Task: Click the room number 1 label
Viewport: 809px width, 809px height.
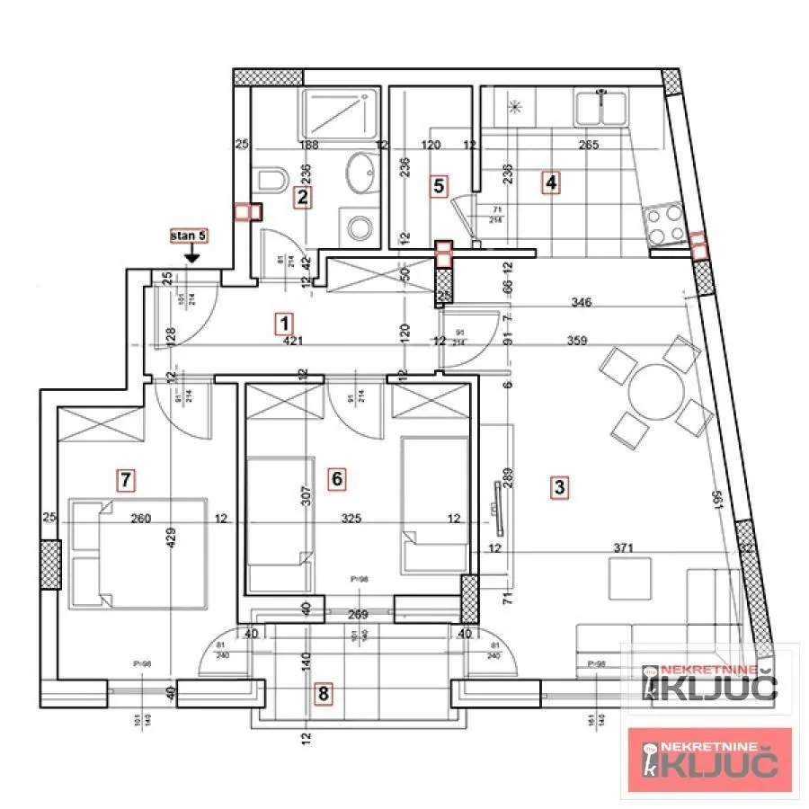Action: [285, 323]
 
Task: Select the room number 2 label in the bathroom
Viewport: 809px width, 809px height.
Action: [304, 197]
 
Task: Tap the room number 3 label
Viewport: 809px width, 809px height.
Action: [559, 488]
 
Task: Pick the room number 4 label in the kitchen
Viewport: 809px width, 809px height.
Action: [550, 183]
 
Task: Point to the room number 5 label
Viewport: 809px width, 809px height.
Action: [439, 186]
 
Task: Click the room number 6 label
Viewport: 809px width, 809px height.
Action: [337, 478]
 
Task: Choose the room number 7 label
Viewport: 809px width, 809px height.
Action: [127, 480]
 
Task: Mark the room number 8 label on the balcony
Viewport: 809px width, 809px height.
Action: [324, 693]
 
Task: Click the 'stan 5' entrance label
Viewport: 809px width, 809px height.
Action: [190, 236]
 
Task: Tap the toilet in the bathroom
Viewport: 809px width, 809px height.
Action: [272, 178]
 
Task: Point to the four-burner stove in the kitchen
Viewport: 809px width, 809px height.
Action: [664, 225]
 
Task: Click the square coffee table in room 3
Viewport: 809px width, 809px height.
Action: [629, 578]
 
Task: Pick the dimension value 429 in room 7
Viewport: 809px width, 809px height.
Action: [171, 538]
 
